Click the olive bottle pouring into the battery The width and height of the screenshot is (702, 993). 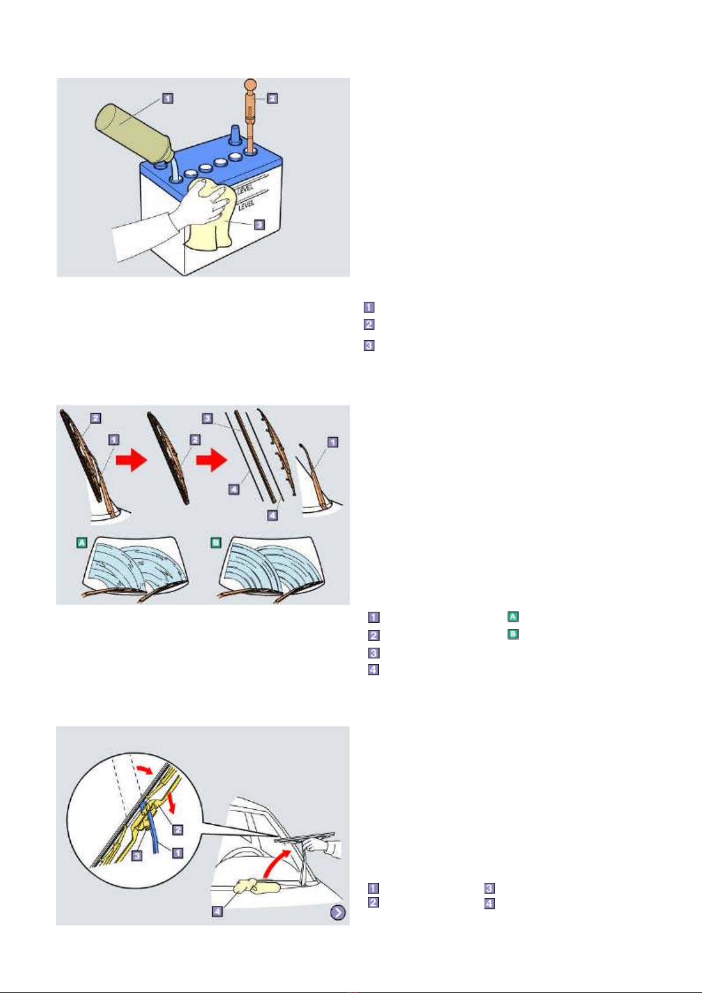(133, 134)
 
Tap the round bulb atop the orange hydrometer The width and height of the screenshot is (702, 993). (251, 85)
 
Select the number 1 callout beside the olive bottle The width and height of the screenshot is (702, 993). (167, 98)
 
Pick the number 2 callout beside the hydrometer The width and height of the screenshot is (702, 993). (272, 98)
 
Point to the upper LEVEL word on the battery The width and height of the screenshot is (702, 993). (245, 189)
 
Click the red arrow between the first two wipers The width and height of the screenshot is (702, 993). (131, 461)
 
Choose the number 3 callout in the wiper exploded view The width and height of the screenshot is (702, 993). (207, 418)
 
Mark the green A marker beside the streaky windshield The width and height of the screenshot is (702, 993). (81, 542)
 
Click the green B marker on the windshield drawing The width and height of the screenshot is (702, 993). (216, 542)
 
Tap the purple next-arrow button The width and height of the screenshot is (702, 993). (338, 912)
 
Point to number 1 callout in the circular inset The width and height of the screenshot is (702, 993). (177, 852)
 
